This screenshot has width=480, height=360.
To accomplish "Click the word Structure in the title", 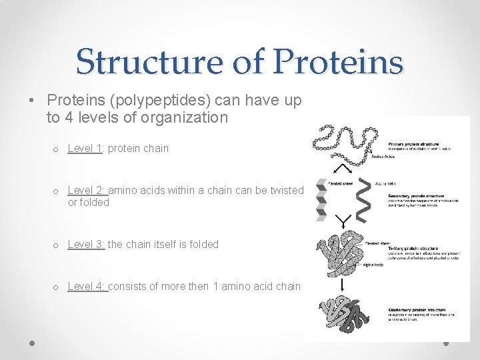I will (151, 62).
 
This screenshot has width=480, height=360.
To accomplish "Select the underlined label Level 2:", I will (87, 191).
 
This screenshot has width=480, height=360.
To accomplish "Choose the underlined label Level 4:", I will (87, 287).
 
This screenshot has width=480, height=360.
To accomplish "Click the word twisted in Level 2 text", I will (287, 191).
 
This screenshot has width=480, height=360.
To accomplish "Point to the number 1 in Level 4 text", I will (215, 287).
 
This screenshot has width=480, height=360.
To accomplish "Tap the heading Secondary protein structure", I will (416, 196).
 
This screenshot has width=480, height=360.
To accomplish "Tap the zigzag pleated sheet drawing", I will (321, 199).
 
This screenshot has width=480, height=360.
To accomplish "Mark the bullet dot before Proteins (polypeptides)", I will (32, 101).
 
